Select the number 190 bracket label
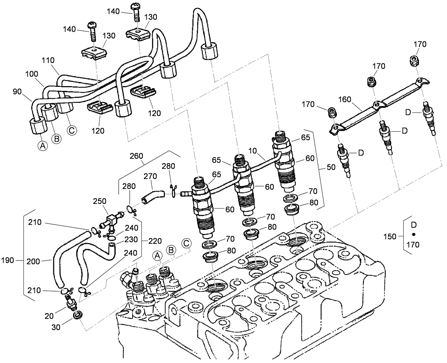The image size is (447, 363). pyautogui.click(x=7, y=261)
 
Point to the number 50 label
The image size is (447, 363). pyautogui.click(x=331, y=167)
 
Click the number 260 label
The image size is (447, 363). pyautogui.click(x=136, y=156)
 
